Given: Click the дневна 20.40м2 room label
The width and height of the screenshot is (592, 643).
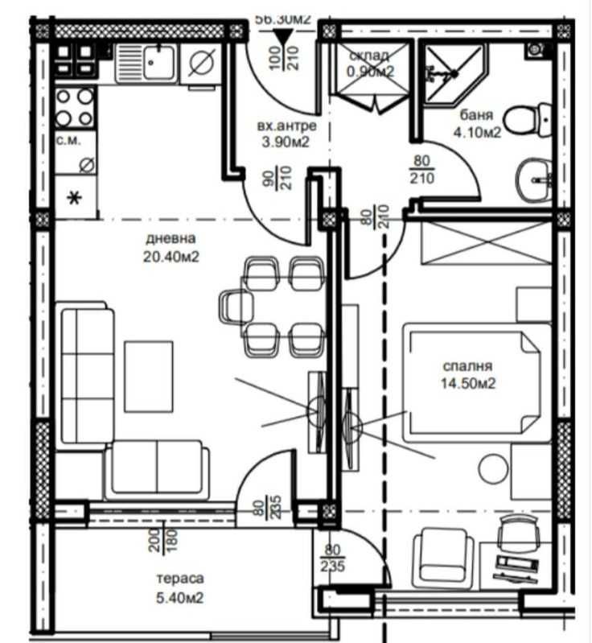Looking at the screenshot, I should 171,248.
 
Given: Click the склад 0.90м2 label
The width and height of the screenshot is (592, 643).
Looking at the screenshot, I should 369,64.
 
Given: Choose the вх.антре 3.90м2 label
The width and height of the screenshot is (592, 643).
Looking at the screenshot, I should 281,134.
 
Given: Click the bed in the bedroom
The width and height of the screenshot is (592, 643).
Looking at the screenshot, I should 475,382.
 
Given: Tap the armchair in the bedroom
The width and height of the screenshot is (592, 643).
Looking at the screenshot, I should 442,555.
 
